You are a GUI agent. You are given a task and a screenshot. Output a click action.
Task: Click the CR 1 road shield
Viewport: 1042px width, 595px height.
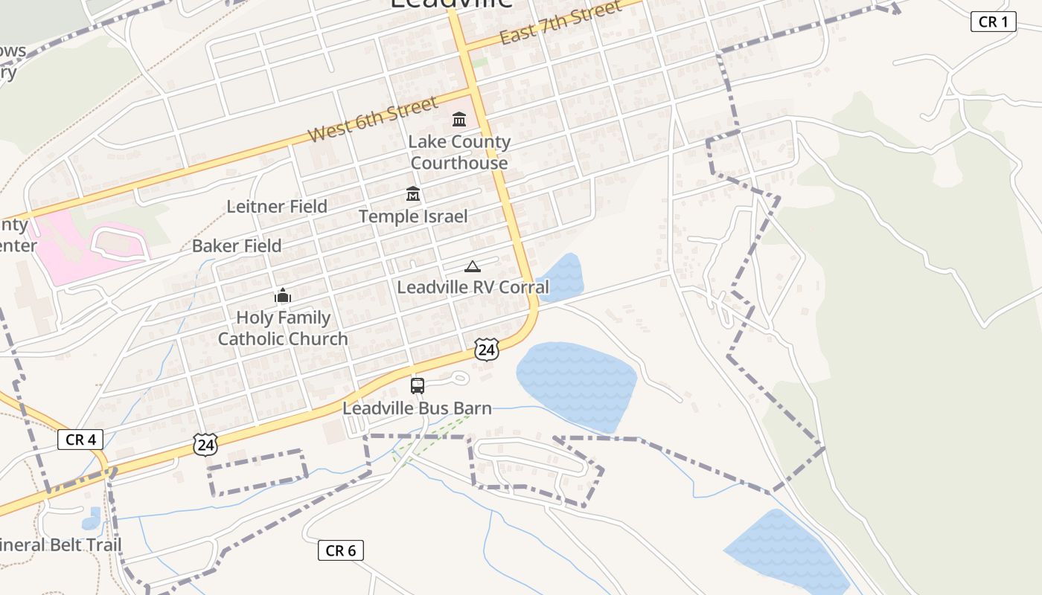[x=993, y=22]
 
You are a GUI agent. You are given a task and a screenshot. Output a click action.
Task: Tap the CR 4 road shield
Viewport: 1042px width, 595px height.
[x=80, y=440]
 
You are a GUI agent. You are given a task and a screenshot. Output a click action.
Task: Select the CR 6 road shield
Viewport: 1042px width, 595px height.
[x=341, y=550]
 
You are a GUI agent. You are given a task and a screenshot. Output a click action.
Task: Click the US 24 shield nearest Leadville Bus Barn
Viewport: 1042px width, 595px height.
[x=486, y=349]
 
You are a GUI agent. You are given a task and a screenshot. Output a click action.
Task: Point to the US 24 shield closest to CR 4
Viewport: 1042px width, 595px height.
[x=205, y=445]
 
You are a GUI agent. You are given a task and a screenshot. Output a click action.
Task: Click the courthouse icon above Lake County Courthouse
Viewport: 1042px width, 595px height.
[x=459, y=119]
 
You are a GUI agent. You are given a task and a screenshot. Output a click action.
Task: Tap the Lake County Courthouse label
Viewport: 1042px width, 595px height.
[x=459, y=152]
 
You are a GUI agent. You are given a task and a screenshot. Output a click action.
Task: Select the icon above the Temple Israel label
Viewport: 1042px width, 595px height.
[x=413, y=194]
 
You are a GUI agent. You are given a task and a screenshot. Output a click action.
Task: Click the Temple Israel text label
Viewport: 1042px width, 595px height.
[x=413, y=216]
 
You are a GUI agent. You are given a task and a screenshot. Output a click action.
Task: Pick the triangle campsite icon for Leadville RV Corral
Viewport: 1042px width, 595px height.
[x=472, y=266]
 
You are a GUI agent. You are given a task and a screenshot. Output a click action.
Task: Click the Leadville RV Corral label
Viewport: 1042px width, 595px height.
[x=473, y=287]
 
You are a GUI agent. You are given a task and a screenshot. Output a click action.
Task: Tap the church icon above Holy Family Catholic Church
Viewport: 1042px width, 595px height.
[x=283, y=296]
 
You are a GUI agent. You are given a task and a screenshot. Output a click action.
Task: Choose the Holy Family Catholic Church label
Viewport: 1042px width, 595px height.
[x=283, y=328]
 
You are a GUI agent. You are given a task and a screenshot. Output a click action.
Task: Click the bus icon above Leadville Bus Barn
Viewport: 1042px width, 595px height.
[x=418, y=386]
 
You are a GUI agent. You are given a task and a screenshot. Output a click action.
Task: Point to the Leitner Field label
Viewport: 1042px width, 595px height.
[x=277, y=207]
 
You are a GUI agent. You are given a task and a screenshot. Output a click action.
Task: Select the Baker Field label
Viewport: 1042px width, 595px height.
[x=237, y=246]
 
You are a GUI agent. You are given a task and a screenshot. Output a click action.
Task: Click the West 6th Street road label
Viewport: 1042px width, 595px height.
[x=373, y=120]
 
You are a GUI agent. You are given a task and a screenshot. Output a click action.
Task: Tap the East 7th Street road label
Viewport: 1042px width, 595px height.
[x=560, y=23]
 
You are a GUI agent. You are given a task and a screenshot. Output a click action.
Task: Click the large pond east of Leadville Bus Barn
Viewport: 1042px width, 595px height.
[x=577, y=383]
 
